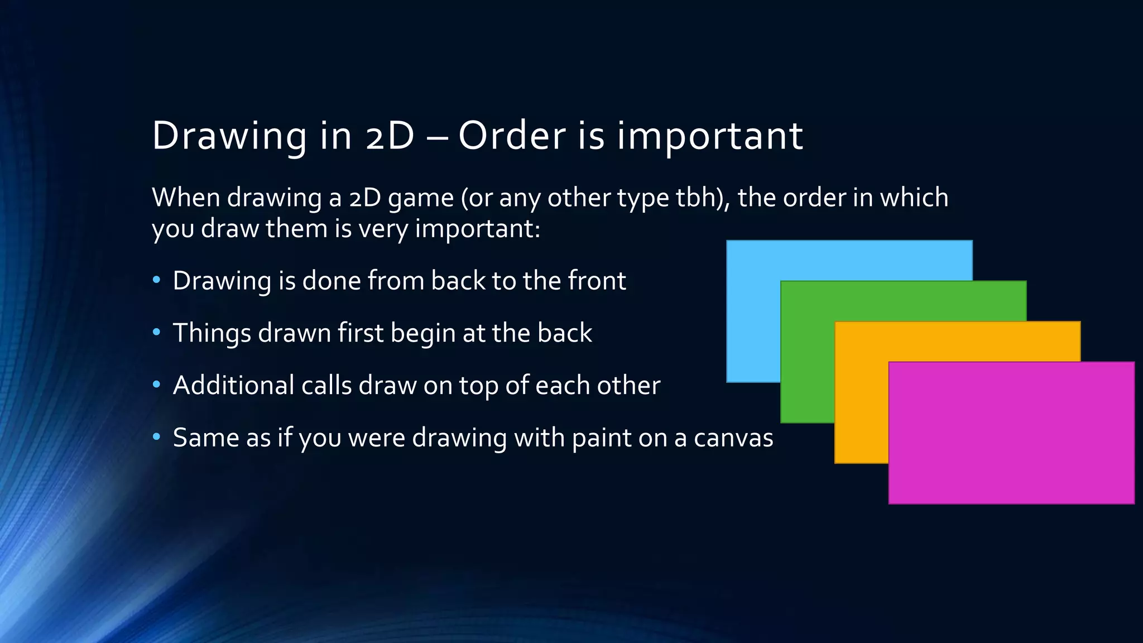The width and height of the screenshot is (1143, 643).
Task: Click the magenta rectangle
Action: click(x=1011, y=433)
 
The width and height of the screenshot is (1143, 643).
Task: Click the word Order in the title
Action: click(x=512, y=136)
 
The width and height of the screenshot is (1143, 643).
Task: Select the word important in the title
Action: click(x=710, y=137)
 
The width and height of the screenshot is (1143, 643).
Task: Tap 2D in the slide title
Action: click(x=390, y=136)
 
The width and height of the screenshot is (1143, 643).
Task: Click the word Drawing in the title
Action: click(x=229, y=137)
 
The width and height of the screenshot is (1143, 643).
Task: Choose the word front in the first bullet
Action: click(x=597, y=280)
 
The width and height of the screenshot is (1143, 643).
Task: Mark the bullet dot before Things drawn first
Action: click(x=157, y=333)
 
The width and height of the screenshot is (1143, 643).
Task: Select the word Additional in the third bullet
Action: click(x=233, y=385)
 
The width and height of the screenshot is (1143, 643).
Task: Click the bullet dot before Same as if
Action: click(x=157, y=438)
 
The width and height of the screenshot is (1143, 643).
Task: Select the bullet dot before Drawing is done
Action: click(x=157, y=280)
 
